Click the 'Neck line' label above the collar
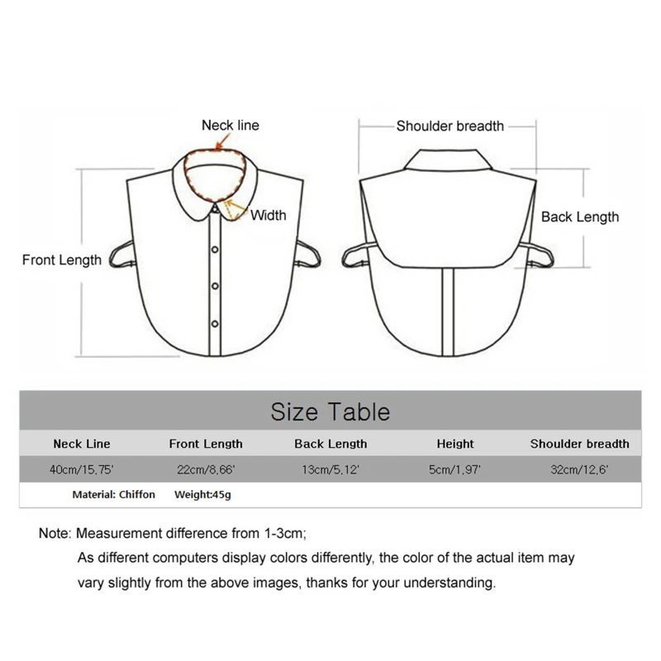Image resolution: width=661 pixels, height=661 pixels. click(x=230, y=126)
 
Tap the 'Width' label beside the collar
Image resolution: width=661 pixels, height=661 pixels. click(x=268, y=216)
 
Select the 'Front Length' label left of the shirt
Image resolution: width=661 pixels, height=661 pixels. click(x=62, y=260)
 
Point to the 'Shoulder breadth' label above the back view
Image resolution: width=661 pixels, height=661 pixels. click(x=449, y=126)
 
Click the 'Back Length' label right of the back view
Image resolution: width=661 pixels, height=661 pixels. click(x=579, y=217)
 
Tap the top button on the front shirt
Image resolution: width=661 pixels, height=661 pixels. click(x=215, y=250)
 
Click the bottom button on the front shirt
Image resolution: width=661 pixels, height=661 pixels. click(x=215, y=321)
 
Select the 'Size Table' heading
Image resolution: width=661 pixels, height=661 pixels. click(x=330, y=411)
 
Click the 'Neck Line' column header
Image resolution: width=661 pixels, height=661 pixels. click(x=81, y=444)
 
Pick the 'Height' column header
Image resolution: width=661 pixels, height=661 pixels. click(x=455, y=444)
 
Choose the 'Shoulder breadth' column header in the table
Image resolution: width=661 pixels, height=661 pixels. click(x=579, y=444)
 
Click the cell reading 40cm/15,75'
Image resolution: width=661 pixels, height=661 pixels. click(x=81, y=469)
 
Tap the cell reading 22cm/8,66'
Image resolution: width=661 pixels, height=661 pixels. click(x=206, y=469)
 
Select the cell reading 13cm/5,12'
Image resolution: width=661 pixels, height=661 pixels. click(x=330, y=469)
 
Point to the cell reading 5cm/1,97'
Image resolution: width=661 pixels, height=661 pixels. click(x=455, y=469)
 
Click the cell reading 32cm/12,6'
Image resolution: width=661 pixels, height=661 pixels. click(x=579, y=469)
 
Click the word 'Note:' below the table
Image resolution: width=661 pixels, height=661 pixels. click(x=55, y=534)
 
